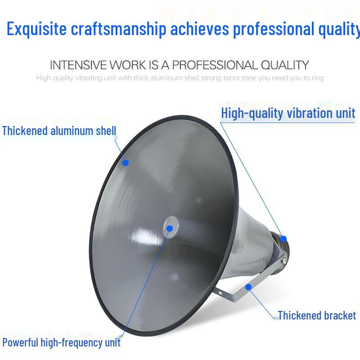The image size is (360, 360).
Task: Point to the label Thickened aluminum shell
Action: click(x=59, y=131)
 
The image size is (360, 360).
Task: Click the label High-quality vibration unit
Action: click(x=288, y=113)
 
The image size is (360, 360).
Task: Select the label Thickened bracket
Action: click(x=317, y=315)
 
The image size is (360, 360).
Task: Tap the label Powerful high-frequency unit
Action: click(x=62, y=342)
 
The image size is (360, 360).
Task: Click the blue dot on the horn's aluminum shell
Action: click(x=126, y=162)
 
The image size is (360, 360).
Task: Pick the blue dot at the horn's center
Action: click(x=170, y=228)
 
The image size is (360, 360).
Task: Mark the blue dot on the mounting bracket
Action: click(x=248, y=286)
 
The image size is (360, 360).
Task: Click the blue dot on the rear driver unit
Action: click(x=283, y=238)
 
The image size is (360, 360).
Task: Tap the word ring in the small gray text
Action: click(x=318, y=78)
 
